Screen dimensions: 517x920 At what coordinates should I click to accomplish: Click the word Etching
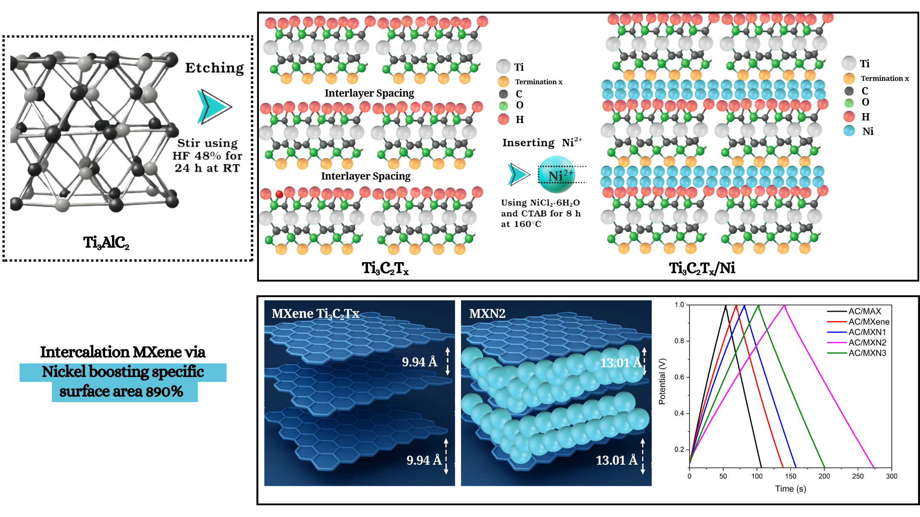point(214,68)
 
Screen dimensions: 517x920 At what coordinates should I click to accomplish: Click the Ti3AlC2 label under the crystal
point(106,243)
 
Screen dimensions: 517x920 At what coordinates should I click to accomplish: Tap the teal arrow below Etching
point(214,107)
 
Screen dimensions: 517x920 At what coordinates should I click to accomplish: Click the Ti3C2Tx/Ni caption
point(702,268)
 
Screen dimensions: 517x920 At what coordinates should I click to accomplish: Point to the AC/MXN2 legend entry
point(867,343)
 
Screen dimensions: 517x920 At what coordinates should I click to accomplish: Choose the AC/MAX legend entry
point(864,311)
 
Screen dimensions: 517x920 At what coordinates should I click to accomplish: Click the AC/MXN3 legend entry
point(867,353)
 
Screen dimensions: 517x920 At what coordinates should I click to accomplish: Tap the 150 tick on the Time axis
point(791,476)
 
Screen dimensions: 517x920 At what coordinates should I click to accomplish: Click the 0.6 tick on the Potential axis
point(679,377)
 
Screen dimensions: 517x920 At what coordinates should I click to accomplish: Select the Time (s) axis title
point(791,488)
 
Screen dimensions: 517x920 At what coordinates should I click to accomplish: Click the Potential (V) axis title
point(662,381)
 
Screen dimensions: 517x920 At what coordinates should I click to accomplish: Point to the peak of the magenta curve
point(784,305)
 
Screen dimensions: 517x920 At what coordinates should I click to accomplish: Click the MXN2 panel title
point(487,314)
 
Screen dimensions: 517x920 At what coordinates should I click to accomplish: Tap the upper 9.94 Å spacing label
point(420,362)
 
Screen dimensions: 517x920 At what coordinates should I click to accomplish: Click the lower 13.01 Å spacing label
point(616,460)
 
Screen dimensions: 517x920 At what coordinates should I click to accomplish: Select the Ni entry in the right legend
point(867,131)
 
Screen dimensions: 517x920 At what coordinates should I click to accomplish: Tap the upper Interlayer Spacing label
point(369,93)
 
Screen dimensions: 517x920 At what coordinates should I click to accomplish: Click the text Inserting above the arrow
point(528,143)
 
